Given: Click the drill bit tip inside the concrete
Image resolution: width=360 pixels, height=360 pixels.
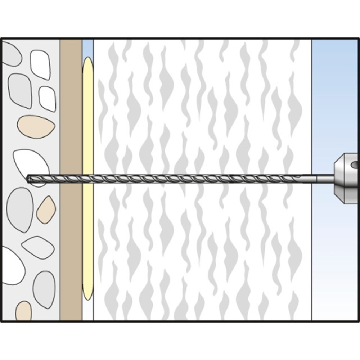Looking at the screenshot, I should coord(29,178).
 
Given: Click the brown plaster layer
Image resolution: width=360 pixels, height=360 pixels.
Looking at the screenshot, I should coord(71,108).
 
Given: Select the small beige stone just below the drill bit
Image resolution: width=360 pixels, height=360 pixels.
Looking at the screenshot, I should coord(46,210).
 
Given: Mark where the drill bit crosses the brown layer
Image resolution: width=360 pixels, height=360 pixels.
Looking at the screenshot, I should coord(71,177).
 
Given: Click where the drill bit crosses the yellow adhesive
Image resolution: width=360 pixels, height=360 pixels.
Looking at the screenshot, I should coord(87,177).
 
